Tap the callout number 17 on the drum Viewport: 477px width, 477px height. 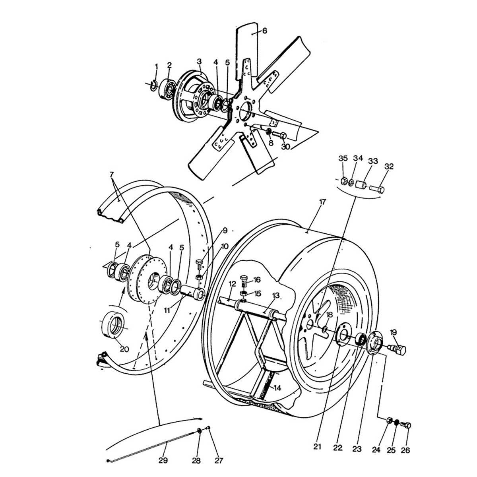[322, 202]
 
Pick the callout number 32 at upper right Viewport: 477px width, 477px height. [389, 167]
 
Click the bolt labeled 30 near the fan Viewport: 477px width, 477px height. [280, 136]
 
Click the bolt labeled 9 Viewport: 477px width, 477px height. [200, 264]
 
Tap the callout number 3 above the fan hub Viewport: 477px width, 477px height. [199, 61]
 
